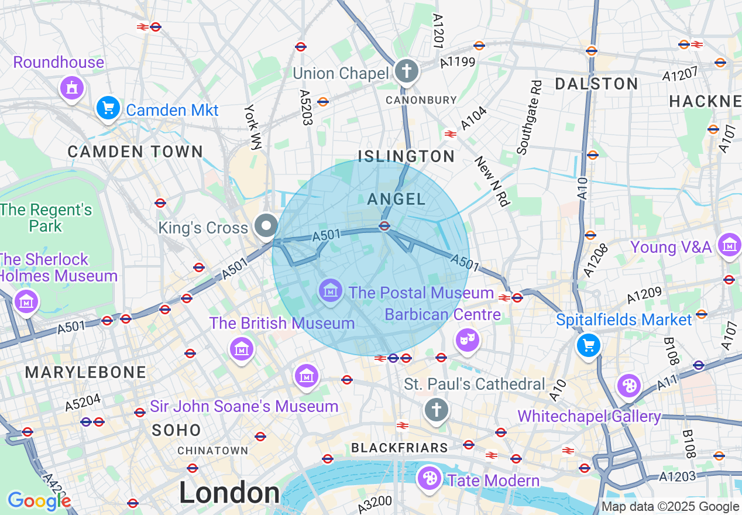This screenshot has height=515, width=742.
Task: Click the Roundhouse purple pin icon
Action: [x=72, y=88]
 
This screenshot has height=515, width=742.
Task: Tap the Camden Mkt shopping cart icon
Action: [x=108, y=108]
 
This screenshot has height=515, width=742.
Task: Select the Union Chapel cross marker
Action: [x=406, y=72]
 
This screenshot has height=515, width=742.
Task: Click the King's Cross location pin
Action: [x=266, y=226]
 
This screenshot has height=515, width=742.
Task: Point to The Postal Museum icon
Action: [x=331, y=291]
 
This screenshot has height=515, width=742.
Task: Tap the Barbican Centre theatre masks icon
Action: [x=467, y=340]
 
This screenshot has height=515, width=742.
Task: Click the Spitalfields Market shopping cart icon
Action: [x=589, y=345]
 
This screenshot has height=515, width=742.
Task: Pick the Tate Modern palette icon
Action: [x=429, y=479]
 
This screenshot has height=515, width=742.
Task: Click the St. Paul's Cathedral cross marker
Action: [x=436, y=409]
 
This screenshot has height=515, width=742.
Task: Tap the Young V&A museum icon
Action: [x=730, y=245]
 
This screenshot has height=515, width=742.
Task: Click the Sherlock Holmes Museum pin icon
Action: [x=26, y=302]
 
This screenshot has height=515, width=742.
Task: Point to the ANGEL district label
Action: [x=396, y=200]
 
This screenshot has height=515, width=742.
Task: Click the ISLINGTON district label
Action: [x=406, y=156]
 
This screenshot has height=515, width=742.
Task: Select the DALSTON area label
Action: [x=596, y=84]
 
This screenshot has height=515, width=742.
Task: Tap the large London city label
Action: [x=229, y=493]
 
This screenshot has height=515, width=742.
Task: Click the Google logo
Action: [x=39, y=502]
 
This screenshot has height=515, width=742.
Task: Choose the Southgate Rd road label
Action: [x=529, y=118]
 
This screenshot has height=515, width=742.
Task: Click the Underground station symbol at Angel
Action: [x=384, y=226]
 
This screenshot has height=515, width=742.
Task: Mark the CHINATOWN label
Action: [x=212, y=451]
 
